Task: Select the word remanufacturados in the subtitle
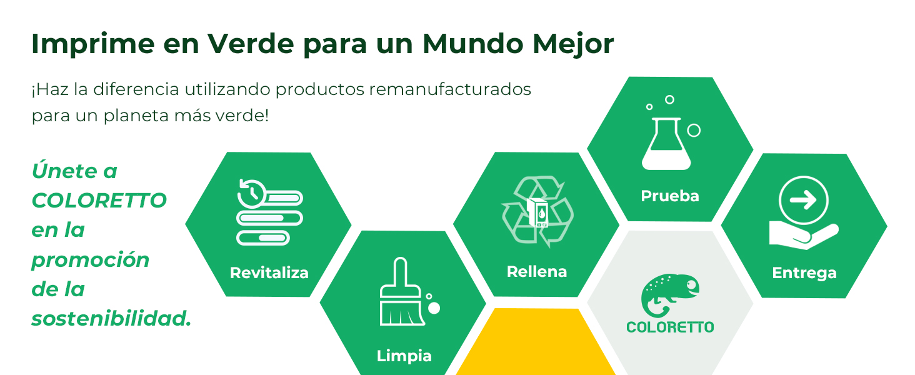click(450, 89)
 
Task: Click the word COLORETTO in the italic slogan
click(99, 201)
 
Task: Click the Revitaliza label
click(269, 273)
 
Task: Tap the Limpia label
click(404, 356)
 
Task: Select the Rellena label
click(536, 272)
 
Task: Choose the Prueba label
click(670, 196)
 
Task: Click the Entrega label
click(804, 273)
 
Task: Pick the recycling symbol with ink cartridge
click(537, 212)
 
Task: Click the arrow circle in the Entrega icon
click(803, 201)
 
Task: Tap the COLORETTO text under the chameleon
click(670, 327)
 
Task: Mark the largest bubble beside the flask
click(694, 130)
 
